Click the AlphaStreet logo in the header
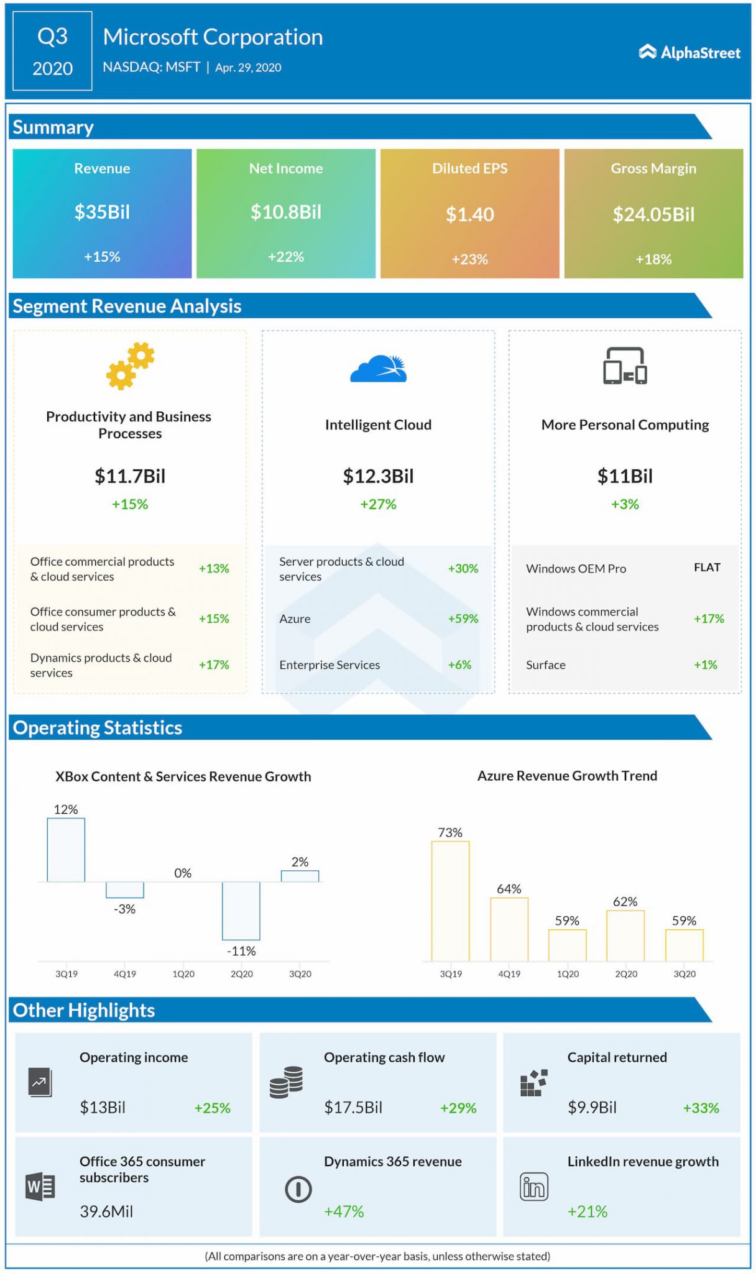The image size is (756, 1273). [x=689, y=53]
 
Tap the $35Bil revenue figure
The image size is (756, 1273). [x=102, y=212]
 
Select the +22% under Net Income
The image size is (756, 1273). [x=286, y=257]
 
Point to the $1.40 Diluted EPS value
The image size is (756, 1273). [x=469, y=214]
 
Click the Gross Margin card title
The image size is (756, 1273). [x=653, y=168]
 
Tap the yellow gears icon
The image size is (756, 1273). [x=130, y=366]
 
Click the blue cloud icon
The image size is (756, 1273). [x=378, y=369]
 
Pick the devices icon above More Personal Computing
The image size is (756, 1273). [x=625, y=366]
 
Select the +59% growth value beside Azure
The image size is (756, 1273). [x=463, y=618]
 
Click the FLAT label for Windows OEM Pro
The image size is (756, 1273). [x=707, y=568]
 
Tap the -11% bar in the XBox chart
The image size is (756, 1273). [x=241, y=911]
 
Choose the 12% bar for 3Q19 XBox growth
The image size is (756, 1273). [x=66, y=850]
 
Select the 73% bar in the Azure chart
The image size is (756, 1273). [x=450, y=901]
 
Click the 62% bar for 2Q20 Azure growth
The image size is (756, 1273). [x=625, y=935]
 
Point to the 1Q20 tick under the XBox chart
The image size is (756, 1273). [x=183, y=974]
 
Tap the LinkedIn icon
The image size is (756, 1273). [x=534, y=1187]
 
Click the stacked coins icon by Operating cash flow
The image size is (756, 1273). [x=287, y=1082]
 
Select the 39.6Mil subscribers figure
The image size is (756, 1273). [x=106, y=1211]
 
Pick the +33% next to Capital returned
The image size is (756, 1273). [x=701, y=1108]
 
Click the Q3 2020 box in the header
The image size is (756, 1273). [x=52, y=52]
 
